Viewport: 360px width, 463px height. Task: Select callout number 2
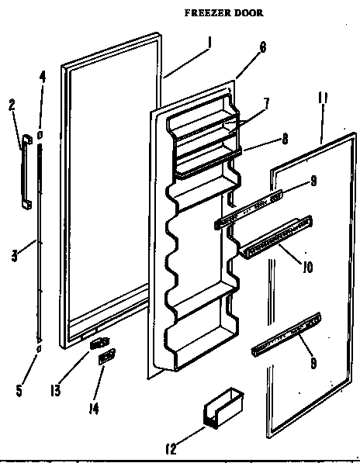[12, 105]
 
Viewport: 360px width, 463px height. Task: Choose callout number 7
[265, 104]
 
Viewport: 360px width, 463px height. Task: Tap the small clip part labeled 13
[96, 341]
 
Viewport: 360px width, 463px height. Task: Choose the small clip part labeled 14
[106, 357]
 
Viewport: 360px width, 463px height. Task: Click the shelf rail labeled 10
[275, 238]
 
